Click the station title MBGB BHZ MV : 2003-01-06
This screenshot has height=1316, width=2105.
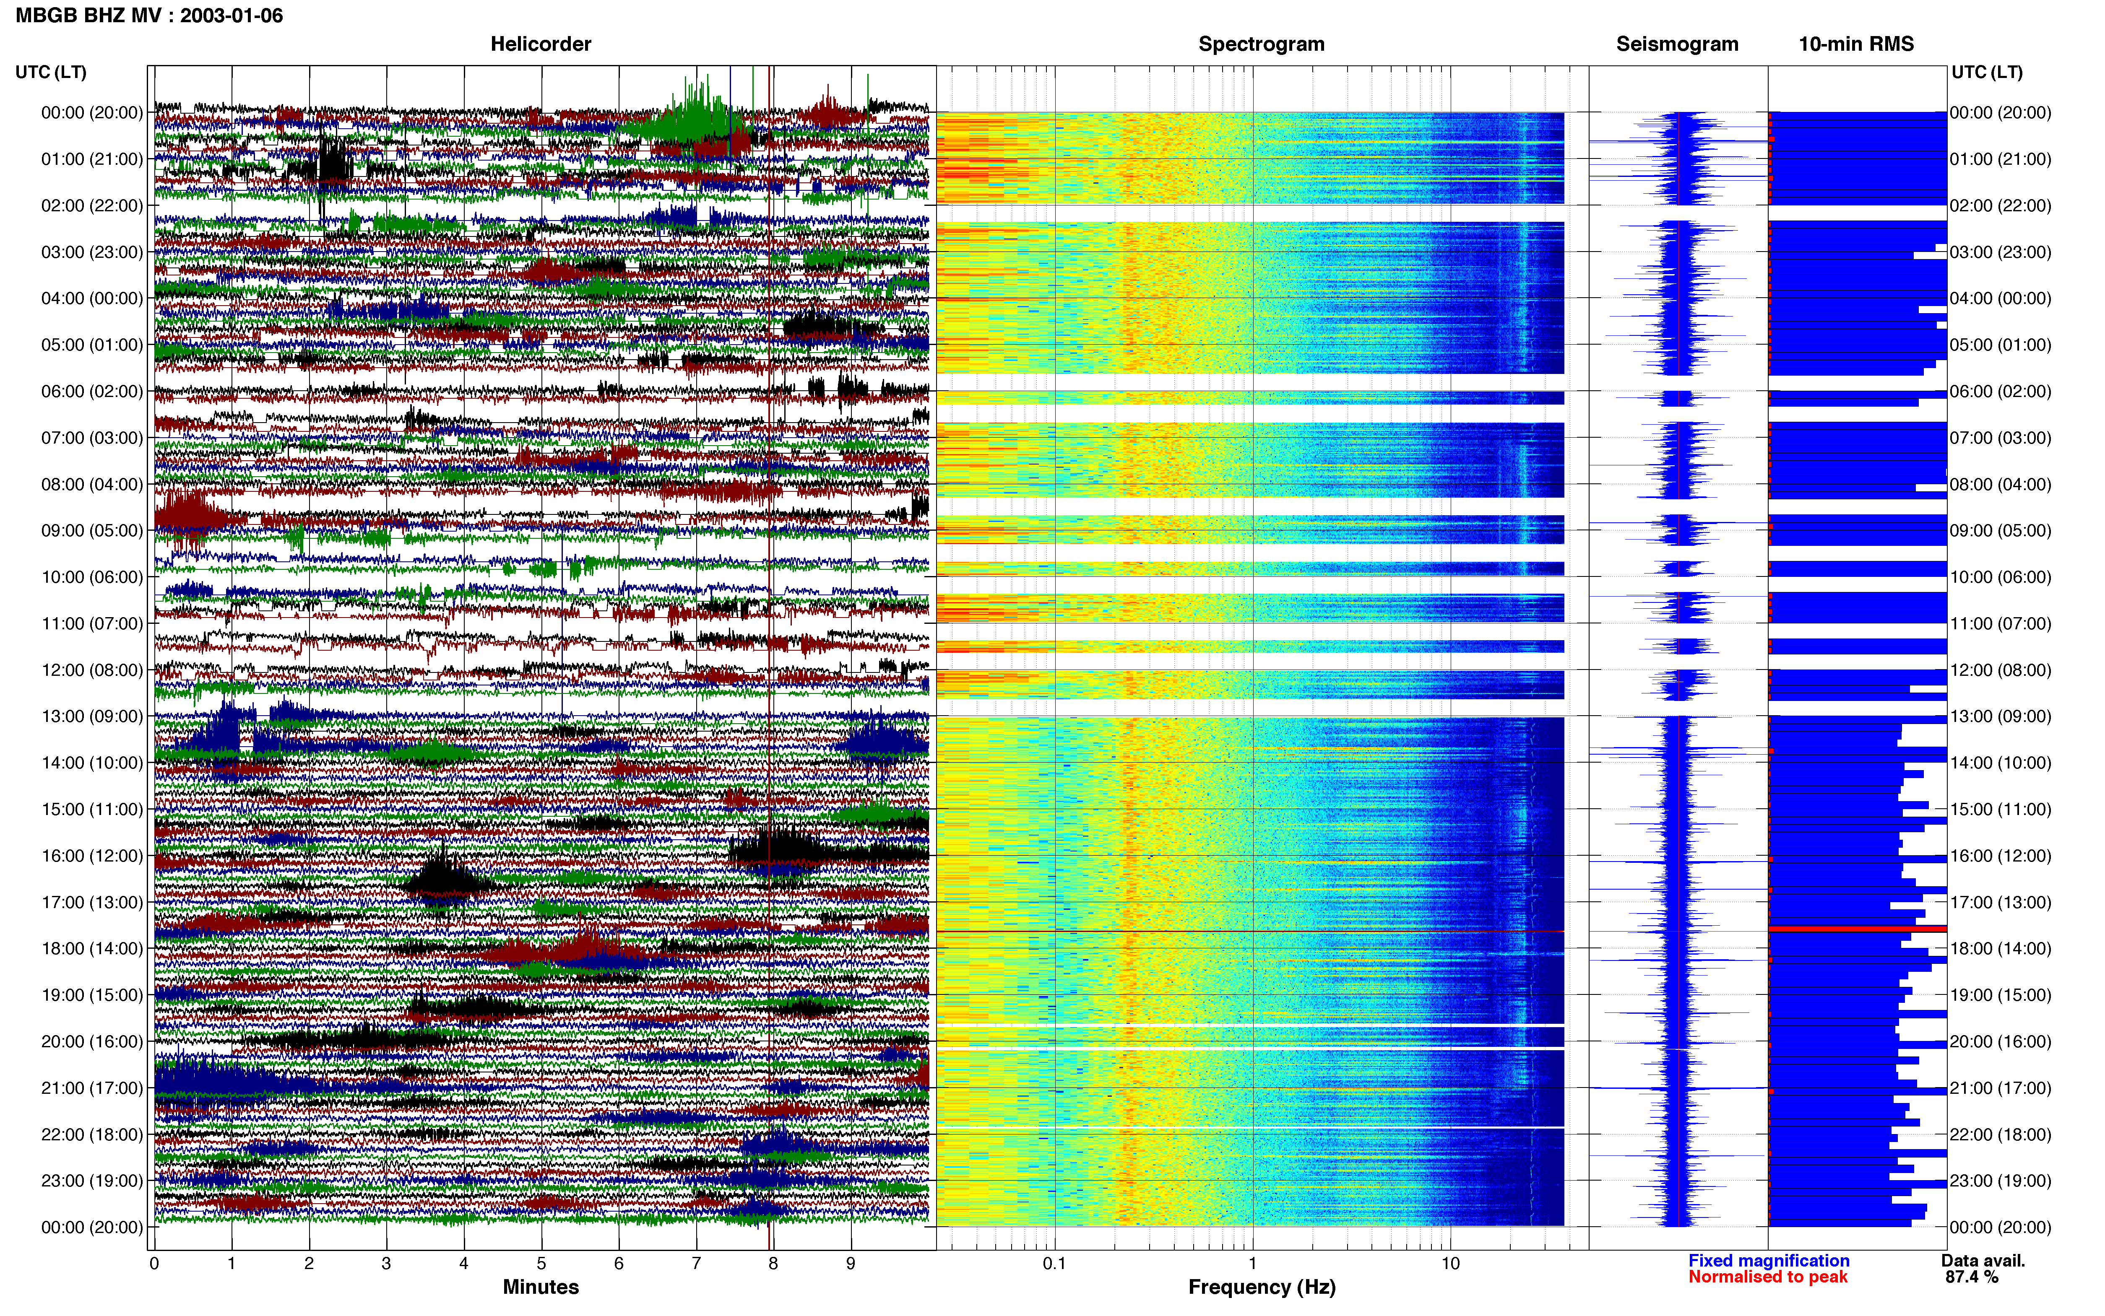tap(149, 16)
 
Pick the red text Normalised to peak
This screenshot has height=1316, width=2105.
tap(1768, 1277)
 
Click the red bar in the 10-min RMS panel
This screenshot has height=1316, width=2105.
tap(1857, 929)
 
